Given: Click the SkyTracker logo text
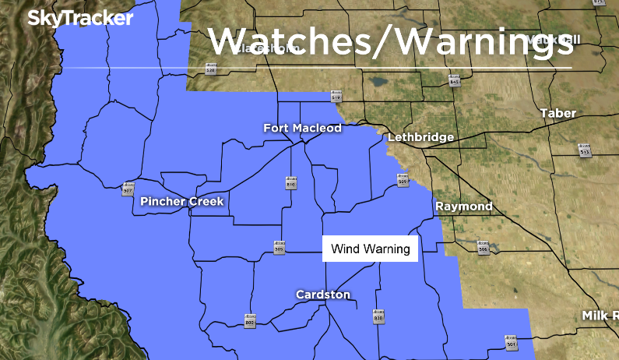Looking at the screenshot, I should point(80,19).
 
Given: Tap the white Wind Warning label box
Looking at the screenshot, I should point(371,249).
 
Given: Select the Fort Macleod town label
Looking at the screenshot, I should point(302,128).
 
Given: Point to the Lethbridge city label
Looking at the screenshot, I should point(420,137).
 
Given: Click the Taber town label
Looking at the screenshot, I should point(558,114).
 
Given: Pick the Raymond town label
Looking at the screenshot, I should point(463,206).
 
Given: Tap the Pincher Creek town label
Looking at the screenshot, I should point(182,202).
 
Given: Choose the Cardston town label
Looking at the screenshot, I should point(323,295).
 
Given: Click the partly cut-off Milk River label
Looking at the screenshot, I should point(600,316).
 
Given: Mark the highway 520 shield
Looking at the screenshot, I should point(210,69).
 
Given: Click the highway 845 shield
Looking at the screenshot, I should point(455,79).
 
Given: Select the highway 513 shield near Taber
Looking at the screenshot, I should point(585,150).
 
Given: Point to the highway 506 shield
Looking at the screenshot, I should point(483,247).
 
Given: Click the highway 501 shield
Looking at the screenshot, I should point(511,342).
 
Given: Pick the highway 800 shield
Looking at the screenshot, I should point(249,322).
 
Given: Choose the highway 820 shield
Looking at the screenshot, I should point(378,316).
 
